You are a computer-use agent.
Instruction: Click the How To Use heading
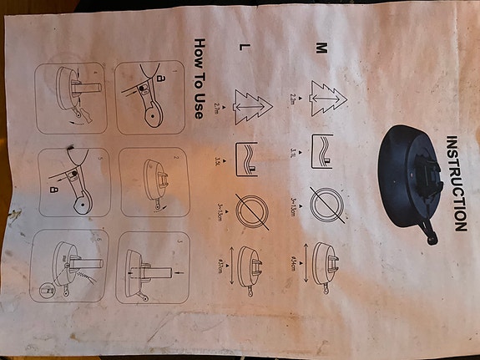(x=200, y=78)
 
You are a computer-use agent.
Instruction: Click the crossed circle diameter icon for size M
(x=326, y=204)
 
